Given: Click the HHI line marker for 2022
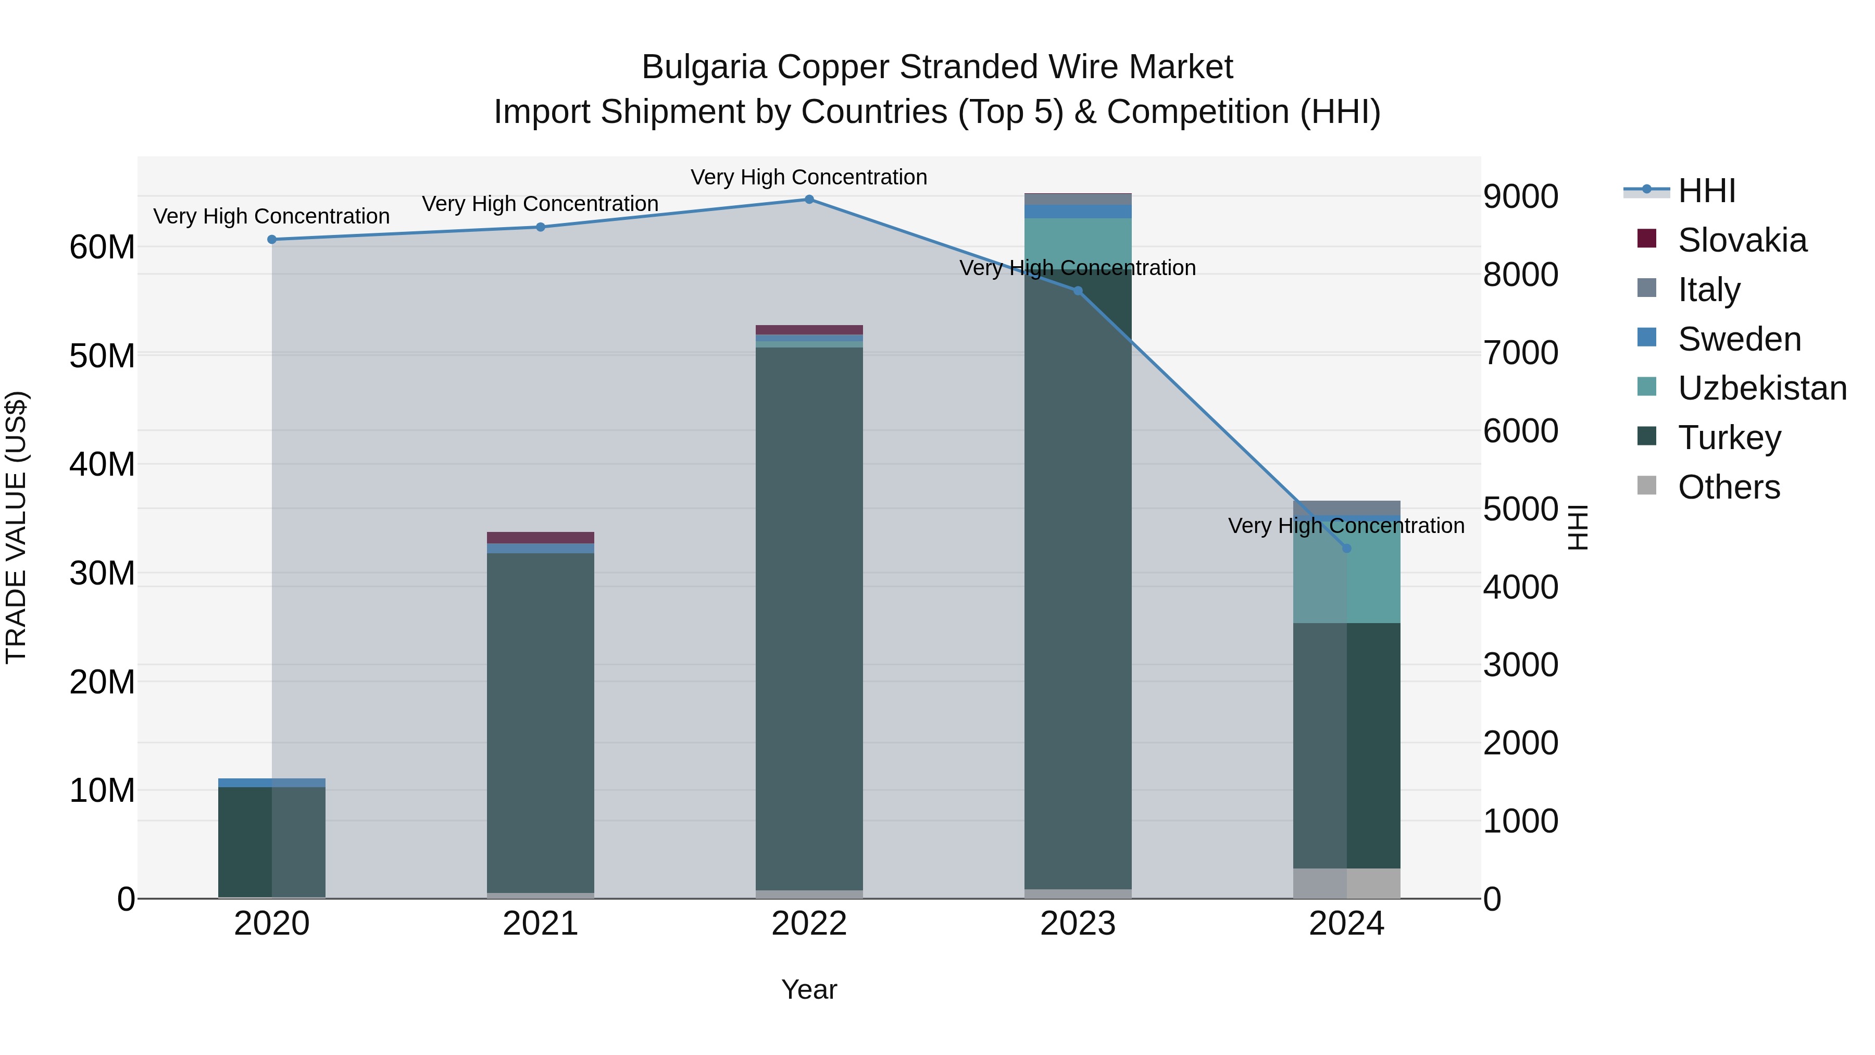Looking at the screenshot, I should [x=809, y=200].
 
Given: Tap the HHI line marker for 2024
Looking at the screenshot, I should [x=1346, y=548].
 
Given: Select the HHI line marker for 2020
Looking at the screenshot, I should [x=271, y=240].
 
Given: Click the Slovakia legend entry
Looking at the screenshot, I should [x=1742, y=240].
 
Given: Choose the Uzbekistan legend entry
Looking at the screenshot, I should [x=1761, y=388].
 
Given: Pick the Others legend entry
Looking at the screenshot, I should [x=1729, y=487].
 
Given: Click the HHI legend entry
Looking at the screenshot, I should [x=1706, y=191].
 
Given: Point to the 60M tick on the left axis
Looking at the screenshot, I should [x=102, y=247].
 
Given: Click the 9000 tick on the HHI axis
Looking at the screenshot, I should [x=1520, y=196].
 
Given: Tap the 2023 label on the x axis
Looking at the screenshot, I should [x=1077, y=924].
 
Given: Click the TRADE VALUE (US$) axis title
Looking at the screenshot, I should [x=16, y=527].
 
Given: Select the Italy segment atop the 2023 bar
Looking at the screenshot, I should [x=1077, y=199].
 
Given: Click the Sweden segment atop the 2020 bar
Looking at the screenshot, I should [x=271, y=783].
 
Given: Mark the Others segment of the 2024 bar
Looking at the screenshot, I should [x=1346, y=883].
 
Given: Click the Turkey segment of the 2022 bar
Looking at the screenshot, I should [x=809, y=619].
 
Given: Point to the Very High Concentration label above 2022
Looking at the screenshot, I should [x=809, y=177].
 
